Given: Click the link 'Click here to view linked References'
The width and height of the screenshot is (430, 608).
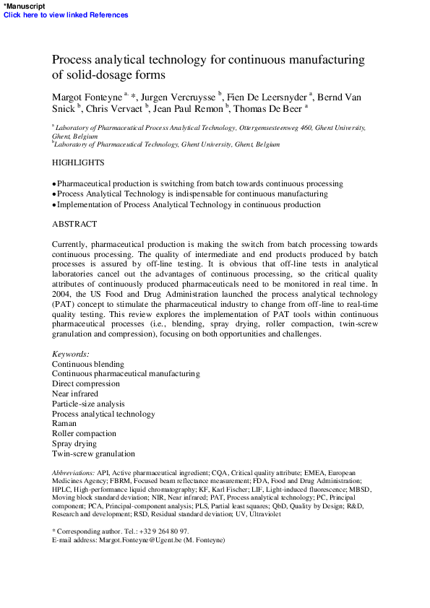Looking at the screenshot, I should pyautogui.click(x=66, y=14).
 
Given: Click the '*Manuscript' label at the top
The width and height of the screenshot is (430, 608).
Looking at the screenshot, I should pyautogui.click(x=23, y=5).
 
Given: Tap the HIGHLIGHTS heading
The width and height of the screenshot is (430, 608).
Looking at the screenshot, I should pyautogui.click(x=78, y=163).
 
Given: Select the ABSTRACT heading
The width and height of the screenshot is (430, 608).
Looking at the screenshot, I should pyautogui.click(x=74, y=225).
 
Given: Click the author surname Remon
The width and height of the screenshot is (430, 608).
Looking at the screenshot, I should pyautogui.click(x=210, y=109).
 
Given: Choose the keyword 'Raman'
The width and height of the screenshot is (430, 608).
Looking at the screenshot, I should pyautogui.click(x=64, y=423).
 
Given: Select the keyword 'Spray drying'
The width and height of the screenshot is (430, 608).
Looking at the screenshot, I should pyautogui.click(x=74, y=443).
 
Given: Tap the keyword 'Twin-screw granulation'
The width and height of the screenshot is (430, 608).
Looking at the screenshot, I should pyautogui.click(x=93, y=453).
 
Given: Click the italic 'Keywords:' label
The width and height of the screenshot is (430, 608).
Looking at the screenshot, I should pyautogui.click(x=71, y=354).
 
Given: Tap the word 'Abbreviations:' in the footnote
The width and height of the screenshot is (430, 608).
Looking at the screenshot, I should pyautogui.click(x=74, y=472).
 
